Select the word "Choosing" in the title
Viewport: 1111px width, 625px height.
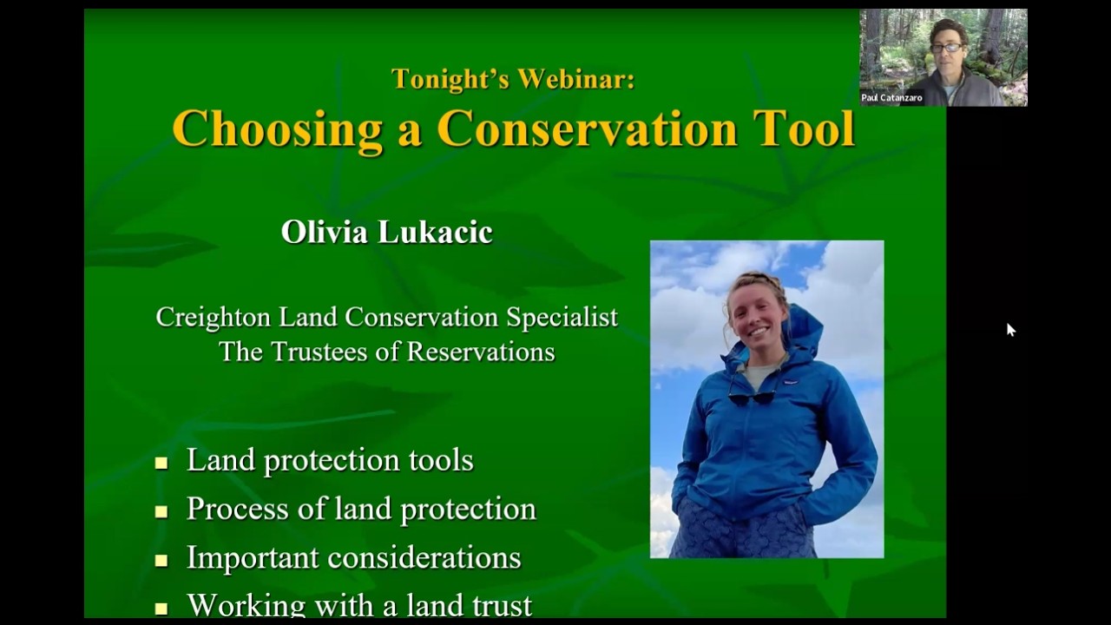277,128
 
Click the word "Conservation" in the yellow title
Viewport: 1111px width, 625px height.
587,128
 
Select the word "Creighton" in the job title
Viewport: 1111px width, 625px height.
214,318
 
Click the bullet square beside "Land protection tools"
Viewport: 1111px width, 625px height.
161,464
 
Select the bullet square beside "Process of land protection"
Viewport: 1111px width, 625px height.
161,512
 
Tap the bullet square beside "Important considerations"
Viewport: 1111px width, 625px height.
161,561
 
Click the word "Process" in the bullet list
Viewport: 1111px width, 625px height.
227,509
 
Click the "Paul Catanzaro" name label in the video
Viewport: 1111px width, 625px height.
891,98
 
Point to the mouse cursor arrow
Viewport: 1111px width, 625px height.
1010,329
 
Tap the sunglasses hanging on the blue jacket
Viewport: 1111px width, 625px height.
752,397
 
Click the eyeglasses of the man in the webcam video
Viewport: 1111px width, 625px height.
946,47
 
